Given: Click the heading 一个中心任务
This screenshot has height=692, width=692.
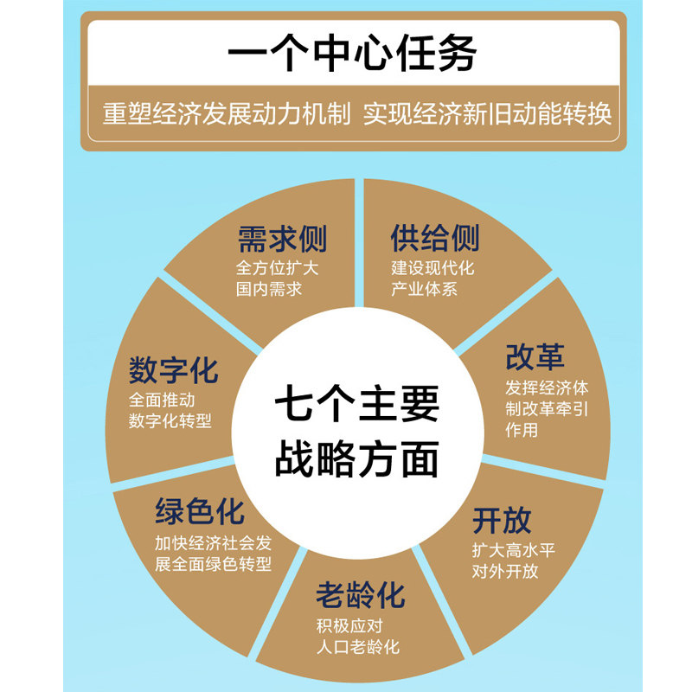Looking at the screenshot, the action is click(352, 54).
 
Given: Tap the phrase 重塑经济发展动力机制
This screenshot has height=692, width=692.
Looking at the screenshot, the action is click(227, 114).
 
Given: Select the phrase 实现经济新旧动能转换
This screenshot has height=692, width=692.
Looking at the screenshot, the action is click(487, 114).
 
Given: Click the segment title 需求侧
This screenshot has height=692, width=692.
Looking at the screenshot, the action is click(282, 238).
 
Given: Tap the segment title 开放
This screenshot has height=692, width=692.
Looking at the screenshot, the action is click(502, 521).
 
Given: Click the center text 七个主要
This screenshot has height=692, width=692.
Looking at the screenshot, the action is click(356, 405).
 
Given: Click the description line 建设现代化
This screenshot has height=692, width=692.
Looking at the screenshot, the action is click(432, 267).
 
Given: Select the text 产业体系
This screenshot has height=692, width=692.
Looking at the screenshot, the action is click(424, 290).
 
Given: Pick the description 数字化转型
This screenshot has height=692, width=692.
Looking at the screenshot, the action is click(170, 421).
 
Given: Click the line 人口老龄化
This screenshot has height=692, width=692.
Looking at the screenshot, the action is click(358, 647).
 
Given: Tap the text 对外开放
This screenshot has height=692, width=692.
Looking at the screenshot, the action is click(505, 571).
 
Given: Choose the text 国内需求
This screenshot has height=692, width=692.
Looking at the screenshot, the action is click(269, 290).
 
